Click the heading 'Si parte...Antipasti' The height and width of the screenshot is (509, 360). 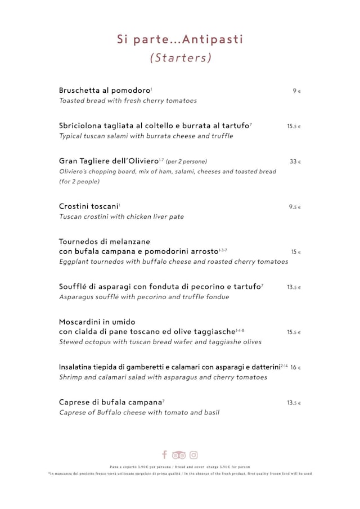point(180,39)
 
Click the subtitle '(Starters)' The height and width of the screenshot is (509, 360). point(181,57)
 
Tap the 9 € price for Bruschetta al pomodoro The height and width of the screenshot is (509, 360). point(296,91)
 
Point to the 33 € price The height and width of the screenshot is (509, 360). point(295,161)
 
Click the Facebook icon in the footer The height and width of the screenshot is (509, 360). point(164,454)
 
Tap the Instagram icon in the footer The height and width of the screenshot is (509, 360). point(193,454)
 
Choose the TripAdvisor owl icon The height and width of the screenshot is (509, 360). point(179,455)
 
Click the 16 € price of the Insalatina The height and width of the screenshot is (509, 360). point(295,367)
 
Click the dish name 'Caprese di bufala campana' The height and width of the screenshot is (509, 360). point(110,402)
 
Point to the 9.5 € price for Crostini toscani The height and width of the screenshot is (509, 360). point(295,207)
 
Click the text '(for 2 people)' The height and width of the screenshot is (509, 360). point(79,181)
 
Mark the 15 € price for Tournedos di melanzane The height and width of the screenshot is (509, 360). point(295,252)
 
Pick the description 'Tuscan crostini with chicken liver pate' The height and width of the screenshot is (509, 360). point(121,217)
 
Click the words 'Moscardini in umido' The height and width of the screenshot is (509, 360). point(97,322)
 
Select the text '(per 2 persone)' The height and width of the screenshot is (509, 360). point(186,162)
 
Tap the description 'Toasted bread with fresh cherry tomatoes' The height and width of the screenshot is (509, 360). point(128,101)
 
